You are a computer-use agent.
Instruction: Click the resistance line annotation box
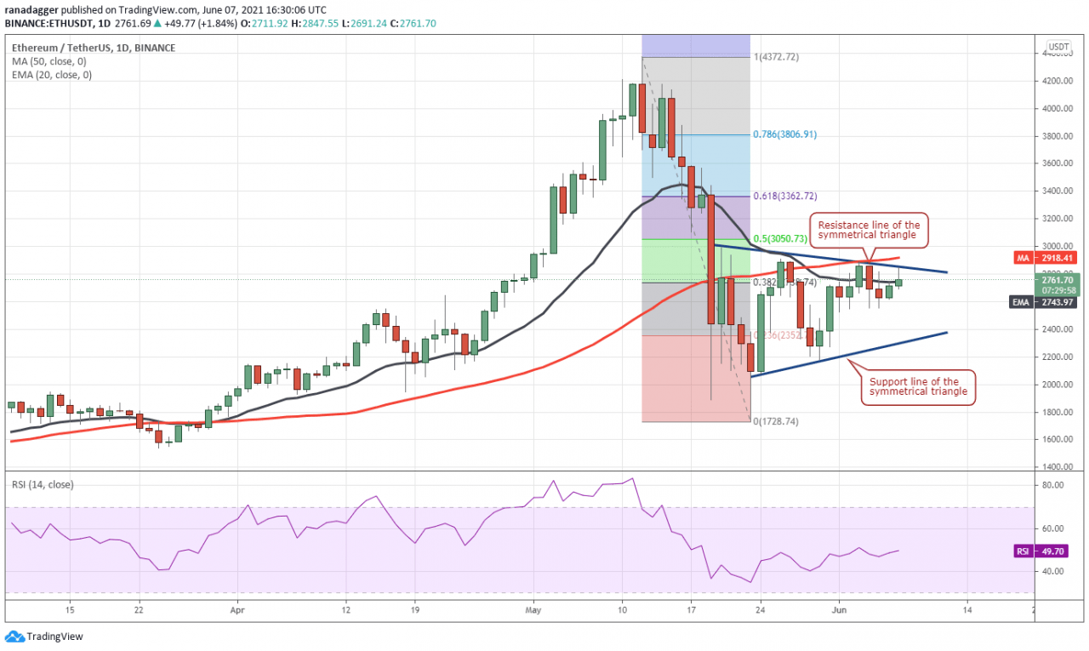point(869,230)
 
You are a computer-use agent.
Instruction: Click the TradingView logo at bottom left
point(44,636)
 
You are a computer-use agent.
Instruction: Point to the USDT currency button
point(1058,47)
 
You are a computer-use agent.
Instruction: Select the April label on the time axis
point(237,610)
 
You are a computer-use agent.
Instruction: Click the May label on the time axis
point(533,610)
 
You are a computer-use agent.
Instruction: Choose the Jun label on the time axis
point(839,610)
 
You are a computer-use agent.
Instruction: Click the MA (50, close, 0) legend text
point(50,61)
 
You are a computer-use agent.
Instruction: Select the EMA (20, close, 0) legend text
point(52,75)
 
